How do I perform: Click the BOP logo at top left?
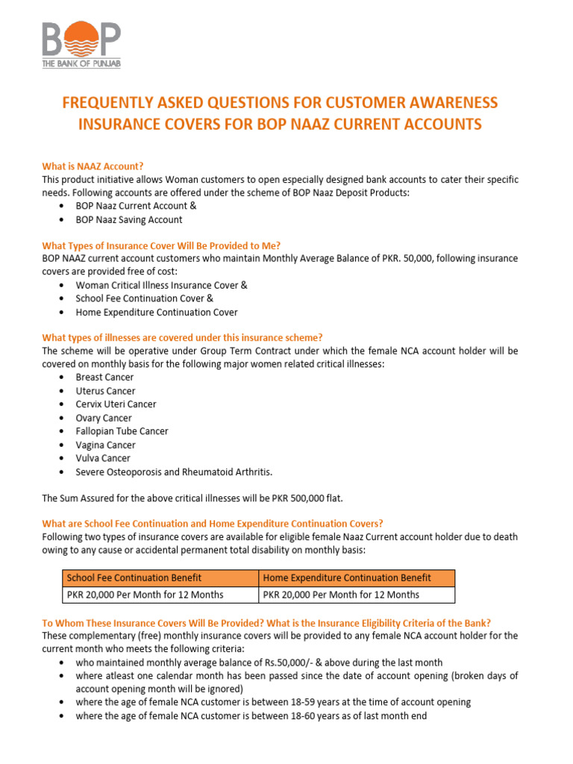point(81,45)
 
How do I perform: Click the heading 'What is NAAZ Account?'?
point(92,166)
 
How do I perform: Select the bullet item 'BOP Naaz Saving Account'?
point(128,220)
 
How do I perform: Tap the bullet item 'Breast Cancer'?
point(104,378)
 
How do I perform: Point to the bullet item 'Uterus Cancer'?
point(105,391)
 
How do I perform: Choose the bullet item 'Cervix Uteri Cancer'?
point(116,404)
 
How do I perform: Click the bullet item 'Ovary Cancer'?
point(103,418)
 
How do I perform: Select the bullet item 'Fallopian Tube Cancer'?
point(122,431)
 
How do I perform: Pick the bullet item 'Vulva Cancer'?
point(102,458)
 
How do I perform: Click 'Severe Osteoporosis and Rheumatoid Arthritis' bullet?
point(174,472)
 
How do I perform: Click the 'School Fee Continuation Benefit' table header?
point(134,577)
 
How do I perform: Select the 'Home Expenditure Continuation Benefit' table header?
point(345,577)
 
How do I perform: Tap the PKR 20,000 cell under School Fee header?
point(145,595)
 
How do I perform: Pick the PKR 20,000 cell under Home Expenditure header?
point(339,595)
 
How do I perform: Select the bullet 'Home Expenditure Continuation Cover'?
point(157,312)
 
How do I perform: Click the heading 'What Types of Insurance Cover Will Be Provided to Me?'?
point(161,245)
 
